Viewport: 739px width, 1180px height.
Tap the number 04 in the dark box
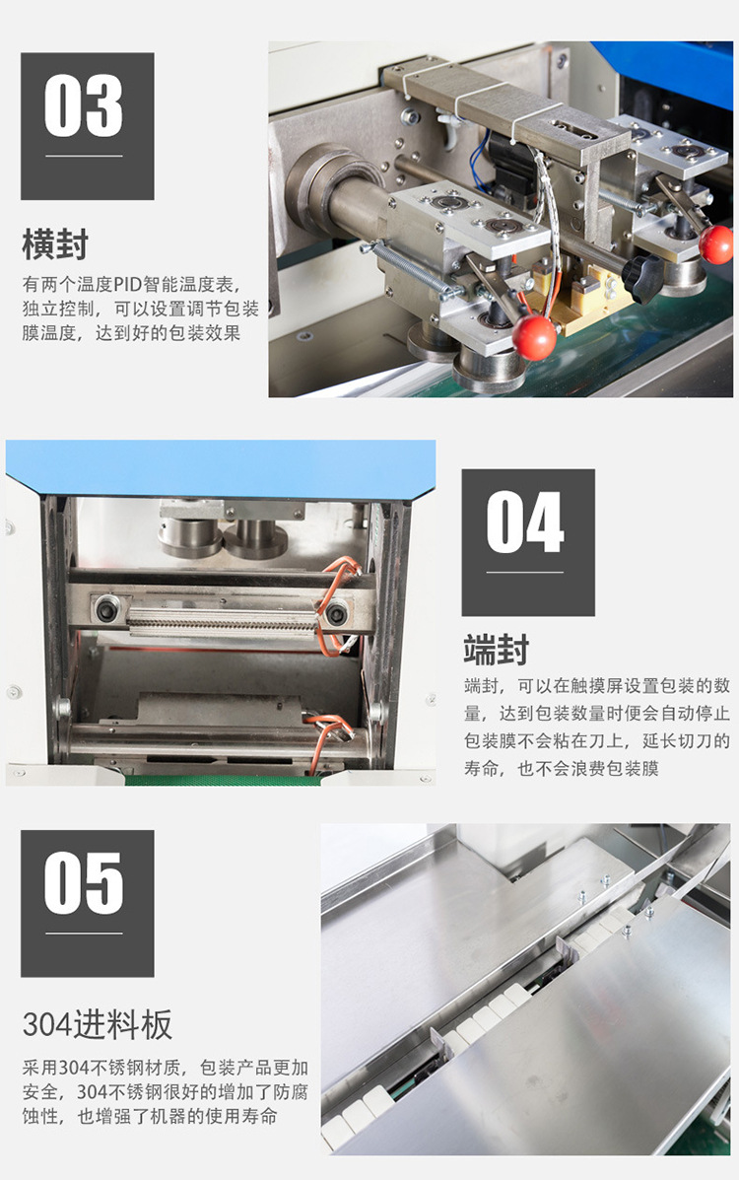click(x=525, y=522)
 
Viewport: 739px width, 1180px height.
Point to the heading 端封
click(x=497, y=651)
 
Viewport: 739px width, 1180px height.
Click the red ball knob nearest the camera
click(x=534, y=338)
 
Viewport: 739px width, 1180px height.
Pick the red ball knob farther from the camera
click(x=716, y=243)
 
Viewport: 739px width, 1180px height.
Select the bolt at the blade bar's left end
click(x=106, y=611)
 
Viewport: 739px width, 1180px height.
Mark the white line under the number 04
click(x=525, y=572)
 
